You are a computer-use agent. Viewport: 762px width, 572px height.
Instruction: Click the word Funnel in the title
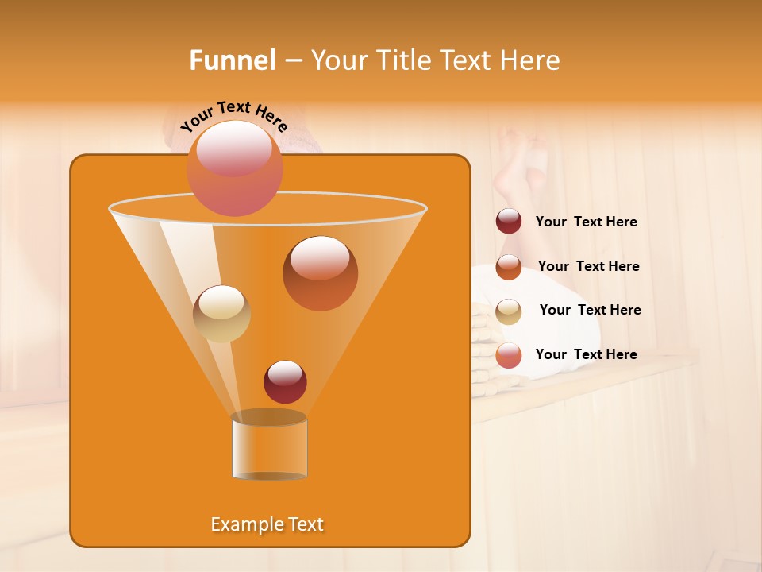tap(232, 60)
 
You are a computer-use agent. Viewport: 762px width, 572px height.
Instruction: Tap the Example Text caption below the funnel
tap(267, 524)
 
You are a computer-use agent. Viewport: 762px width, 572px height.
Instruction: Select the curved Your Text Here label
tap(234, 116)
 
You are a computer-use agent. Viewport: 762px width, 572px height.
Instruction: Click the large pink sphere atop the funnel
tap(234, 169)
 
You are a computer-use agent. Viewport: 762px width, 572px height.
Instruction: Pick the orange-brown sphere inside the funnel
tap(320, 273)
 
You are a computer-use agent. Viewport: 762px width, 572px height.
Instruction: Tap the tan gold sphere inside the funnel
tap(221, 313)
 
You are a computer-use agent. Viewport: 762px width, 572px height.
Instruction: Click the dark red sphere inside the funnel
tap(285, 382)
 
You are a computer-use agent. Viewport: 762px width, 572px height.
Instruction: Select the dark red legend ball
tap(509, 222)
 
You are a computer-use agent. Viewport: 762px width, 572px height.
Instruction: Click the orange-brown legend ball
tap(509, 267)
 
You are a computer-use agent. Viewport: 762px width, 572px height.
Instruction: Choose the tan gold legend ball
tap(509, 311)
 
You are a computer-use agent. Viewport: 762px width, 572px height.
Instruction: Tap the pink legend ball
tap(509, 355)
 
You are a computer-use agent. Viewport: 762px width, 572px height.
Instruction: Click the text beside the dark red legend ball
tap(586, 222)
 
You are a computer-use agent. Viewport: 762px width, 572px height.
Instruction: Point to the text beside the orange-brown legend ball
tap(588, 267)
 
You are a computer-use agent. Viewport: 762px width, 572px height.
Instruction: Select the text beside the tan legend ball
tap(590, 311)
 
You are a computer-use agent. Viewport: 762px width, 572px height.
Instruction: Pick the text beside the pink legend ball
tap(586, 355)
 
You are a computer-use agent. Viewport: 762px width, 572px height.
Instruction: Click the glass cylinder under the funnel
tap(269, 446)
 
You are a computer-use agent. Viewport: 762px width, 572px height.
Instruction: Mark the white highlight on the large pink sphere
tap(233, 148)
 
